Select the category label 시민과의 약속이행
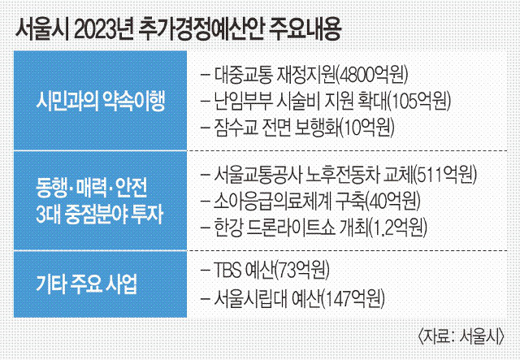100,101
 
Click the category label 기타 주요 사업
86,284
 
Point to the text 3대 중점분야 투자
99,215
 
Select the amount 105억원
419,102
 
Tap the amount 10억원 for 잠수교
367,127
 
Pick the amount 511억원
445,175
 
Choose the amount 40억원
393,201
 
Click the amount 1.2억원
398,227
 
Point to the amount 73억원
302,270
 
